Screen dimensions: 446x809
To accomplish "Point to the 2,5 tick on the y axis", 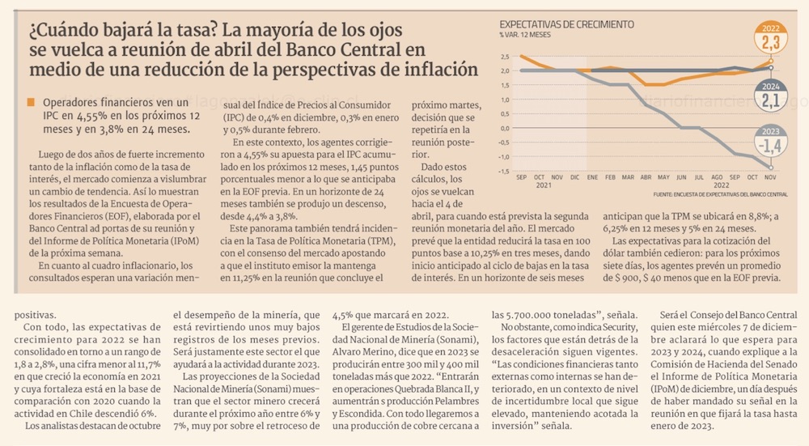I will pyautogui.click(x=504, y=57).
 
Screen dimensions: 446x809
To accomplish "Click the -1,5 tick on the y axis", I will pyautogui.click(x=504, y=171).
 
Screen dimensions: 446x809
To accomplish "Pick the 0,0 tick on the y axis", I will pyautogui.click(x=504, y=128).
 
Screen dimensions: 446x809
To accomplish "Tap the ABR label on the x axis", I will pyautogui.click(x=646, y=176).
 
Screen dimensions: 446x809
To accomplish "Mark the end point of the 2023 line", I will pyautogui.click(x=770, y=168).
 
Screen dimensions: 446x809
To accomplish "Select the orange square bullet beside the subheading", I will pyautogui.click(x=31, y=103).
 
